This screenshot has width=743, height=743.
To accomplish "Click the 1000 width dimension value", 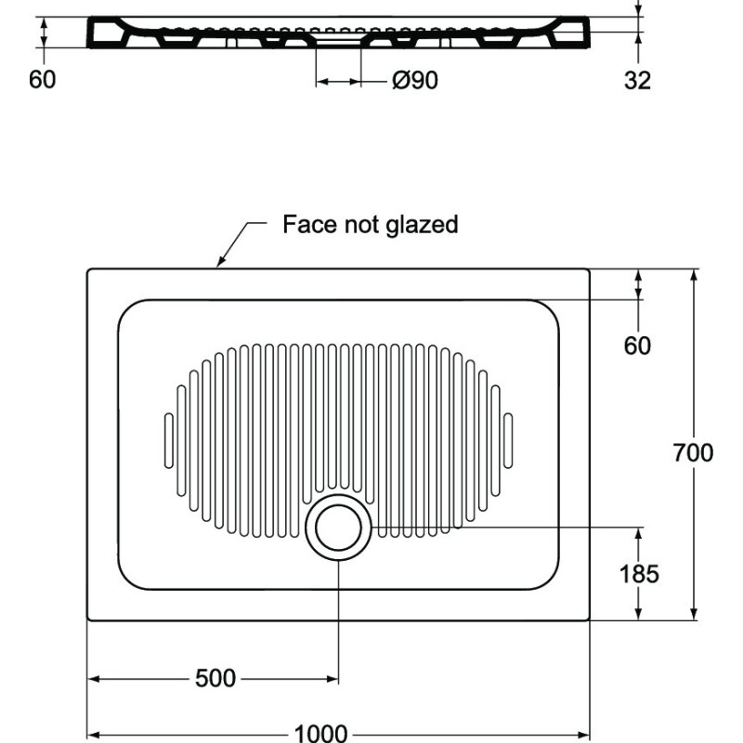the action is [320, 733].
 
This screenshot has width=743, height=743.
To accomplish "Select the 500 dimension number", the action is [215, 678].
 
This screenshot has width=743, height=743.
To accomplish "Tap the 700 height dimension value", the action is [693, 452].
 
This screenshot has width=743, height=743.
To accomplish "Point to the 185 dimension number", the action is [639, 574].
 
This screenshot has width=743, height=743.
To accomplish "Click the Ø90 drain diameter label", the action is [415, 80].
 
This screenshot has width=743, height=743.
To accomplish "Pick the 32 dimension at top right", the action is [637, 80].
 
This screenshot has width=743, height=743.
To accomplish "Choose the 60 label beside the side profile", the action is [42, 79].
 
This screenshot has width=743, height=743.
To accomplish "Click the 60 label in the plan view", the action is [637, 345].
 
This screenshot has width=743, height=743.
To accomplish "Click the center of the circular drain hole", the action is [338, 528].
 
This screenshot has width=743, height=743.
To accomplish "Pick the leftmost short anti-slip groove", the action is [169, 440].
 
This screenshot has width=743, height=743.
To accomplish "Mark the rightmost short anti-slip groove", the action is [508, 440].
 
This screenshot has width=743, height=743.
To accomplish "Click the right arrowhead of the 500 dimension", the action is [332, 679].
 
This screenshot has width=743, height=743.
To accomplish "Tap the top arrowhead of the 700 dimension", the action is [694, 276].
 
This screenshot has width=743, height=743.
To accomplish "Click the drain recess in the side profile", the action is [338, 41].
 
